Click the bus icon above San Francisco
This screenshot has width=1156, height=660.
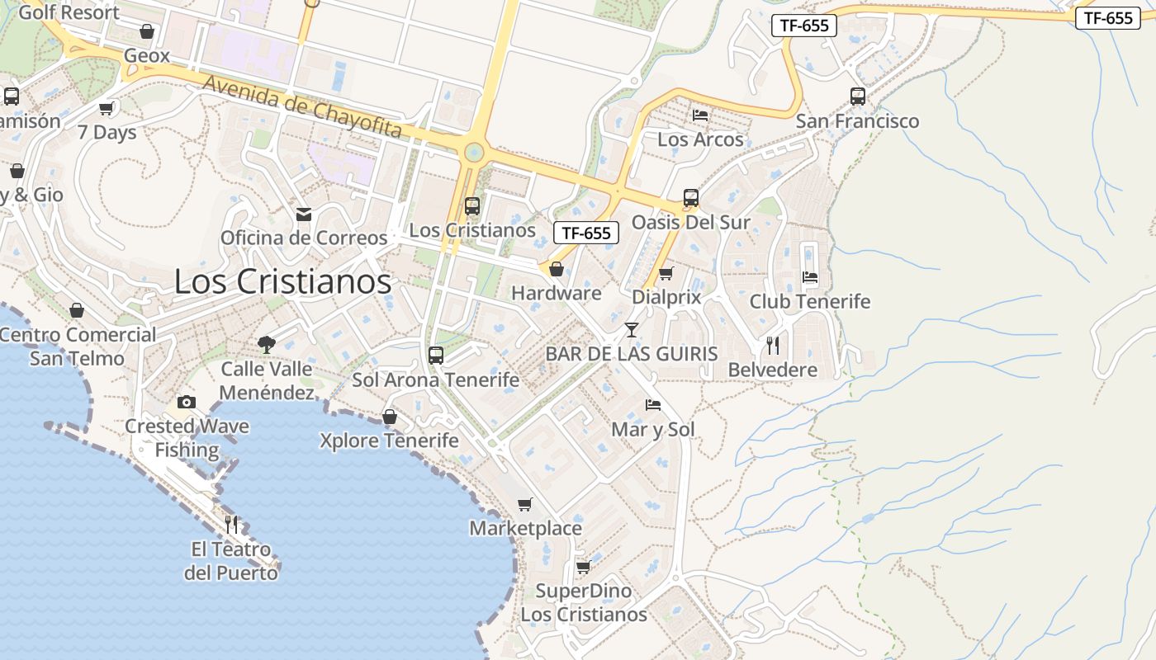pos(858,97)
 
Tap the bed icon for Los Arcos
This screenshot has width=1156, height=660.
pos(700,115)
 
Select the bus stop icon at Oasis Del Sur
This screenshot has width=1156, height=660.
pos(691,198)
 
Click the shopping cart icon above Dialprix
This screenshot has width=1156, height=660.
pos(666,273)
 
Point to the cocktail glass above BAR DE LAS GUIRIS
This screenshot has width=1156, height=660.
pos(632,330)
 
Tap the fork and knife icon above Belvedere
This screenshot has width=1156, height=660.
pos(773,345)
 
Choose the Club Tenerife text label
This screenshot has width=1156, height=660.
pos(809,302)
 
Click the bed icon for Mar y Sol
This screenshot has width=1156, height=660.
pos(653,405)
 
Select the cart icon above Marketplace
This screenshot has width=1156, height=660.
pos(525,504)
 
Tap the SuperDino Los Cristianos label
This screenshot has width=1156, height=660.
pos(584,603)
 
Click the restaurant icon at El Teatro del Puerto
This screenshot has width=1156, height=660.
pos(231,524)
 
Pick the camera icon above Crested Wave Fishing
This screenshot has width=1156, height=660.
pos(187,403)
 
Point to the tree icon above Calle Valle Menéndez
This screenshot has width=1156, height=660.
pos(266,344)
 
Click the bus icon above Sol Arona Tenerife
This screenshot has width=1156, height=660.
pos(436,356)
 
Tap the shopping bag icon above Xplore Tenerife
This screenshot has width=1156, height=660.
pos(390,417)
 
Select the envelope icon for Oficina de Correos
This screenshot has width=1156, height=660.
pos(304,214)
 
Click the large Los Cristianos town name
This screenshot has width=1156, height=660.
pos(282,282)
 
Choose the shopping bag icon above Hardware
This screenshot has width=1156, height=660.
pos(557,269)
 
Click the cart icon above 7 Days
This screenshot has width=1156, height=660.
pos(107,108)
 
